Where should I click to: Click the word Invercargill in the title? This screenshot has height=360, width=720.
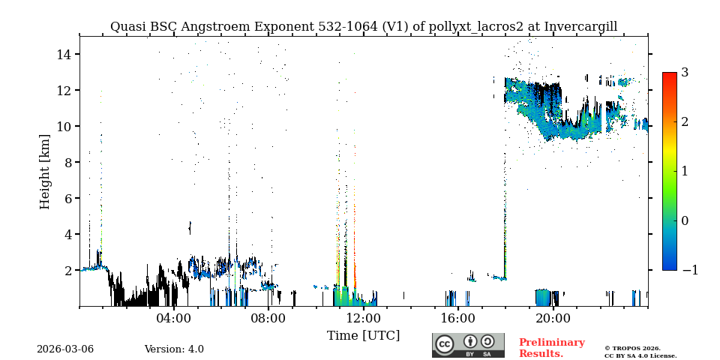point(580,27)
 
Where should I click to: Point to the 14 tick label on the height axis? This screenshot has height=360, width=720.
point(63,54)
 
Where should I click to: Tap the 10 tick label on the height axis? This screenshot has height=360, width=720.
point(63,126)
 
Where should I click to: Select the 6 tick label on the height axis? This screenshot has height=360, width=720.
point(67,198)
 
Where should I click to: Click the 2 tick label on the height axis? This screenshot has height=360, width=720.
point(67,270)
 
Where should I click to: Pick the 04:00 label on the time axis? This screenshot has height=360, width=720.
point(174,318)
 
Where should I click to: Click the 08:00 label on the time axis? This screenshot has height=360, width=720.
point(268,318)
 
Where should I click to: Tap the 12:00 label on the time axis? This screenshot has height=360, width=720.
point(364,318)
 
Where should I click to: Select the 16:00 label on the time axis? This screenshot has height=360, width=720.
point(458,318)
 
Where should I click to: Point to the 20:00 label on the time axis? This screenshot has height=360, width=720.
point(553,318)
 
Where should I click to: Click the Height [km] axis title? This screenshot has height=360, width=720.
point(45,171)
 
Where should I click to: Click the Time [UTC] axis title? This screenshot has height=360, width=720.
point(364,335)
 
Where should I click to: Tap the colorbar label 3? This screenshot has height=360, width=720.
point(685,73)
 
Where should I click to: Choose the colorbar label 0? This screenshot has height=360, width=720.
point(685,220)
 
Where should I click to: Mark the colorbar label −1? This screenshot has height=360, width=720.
point(689,270)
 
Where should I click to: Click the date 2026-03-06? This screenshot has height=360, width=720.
point(65,349)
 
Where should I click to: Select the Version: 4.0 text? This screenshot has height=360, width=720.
point(174,349)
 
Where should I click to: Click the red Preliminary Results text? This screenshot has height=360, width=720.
point(551,348)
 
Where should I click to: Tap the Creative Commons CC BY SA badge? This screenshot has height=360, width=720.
point(468,345)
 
